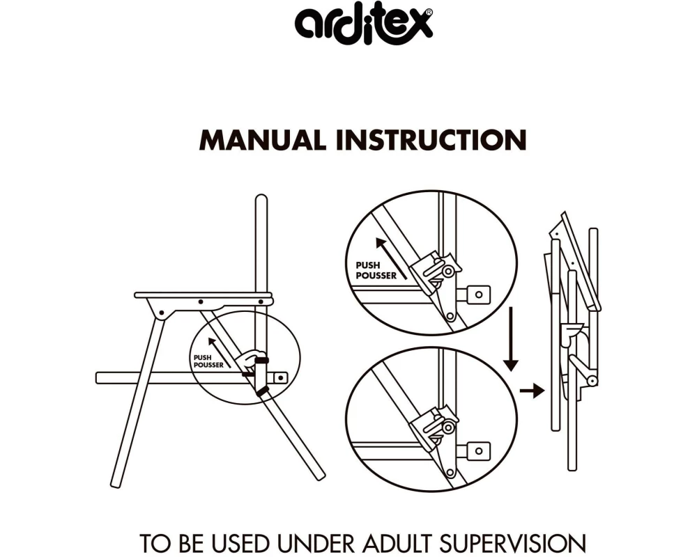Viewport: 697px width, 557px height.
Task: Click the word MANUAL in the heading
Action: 262,140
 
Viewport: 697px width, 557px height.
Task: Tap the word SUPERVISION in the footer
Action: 512,543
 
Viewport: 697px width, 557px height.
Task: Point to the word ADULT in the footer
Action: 397,543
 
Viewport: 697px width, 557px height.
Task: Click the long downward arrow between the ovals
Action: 511,339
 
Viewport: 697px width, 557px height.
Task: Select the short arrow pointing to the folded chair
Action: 532,391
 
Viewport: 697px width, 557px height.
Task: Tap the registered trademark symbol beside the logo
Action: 428,13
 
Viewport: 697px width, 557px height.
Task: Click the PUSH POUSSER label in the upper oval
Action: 376,271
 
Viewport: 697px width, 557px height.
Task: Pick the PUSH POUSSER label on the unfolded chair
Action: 208,361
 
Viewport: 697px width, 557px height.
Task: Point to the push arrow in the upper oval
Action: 391,258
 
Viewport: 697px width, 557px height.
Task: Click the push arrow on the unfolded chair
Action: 219,353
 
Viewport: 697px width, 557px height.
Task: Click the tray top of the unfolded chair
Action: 203,295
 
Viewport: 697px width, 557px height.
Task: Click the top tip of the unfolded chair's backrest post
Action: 261,195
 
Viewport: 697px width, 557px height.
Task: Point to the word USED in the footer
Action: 240,543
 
